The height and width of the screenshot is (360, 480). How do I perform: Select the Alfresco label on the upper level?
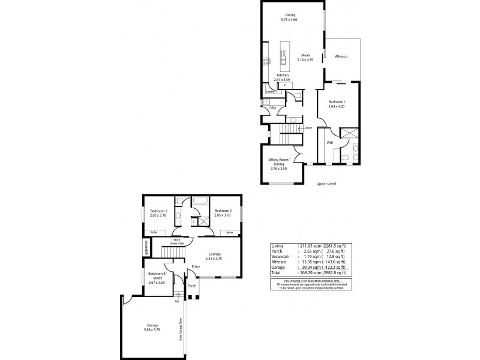point(341,56)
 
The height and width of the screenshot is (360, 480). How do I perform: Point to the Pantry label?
point(270,92)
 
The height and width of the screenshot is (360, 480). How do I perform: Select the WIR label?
point(329,143)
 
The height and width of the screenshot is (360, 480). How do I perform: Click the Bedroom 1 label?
point(337,102)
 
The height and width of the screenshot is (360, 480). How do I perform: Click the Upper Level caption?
point(326,184)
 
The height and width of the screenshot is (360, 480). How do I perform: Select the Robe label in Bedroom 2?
point(229,232)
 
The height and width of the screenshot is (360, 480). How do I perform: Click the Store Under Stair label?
point(177,241)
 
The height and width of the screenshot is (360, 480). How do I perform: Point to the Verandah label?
point(145,247)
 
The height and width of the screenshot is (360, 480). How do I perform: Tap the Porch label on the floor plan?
point(192,286)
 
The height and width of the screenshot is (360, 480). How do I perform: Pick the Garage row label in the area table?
point(278,268)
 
